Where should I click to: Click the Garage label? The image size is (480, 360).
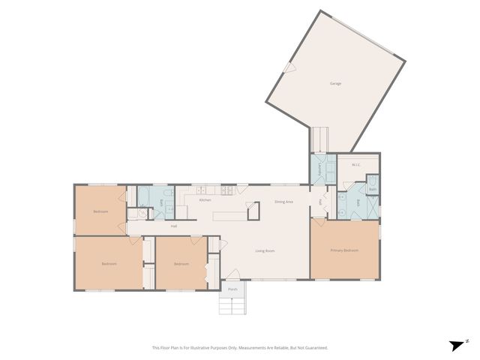tap(335, 83)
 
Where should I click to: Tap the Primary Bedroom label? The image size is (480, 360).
tap(344, 250)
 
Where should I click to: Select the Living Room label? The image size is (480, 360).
tap(265, 250)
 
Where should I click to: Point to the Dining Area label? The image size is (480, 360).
tap(283, 202)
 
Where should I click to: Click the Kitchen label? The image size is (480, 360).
tap(205, 200)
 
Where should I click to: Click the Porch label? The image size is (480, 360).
tap(232, 289)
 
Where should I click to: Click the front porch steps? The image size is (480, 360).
tap(232, 305)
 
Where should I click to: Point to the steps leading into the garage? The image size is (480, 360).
tap(320, 139)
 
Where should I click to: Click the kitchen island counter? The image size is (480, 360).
tap(231, 216)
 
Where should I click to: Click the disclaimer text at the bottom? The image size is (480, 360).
tap(240, 347)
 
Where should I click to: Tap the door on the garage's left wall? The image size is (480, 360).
tap(289, 67)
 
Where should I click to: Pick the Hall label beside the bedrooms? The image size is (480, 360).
tap(174, 226)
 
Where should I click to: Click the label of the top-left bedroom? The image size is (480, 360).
tap(101, 211)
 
